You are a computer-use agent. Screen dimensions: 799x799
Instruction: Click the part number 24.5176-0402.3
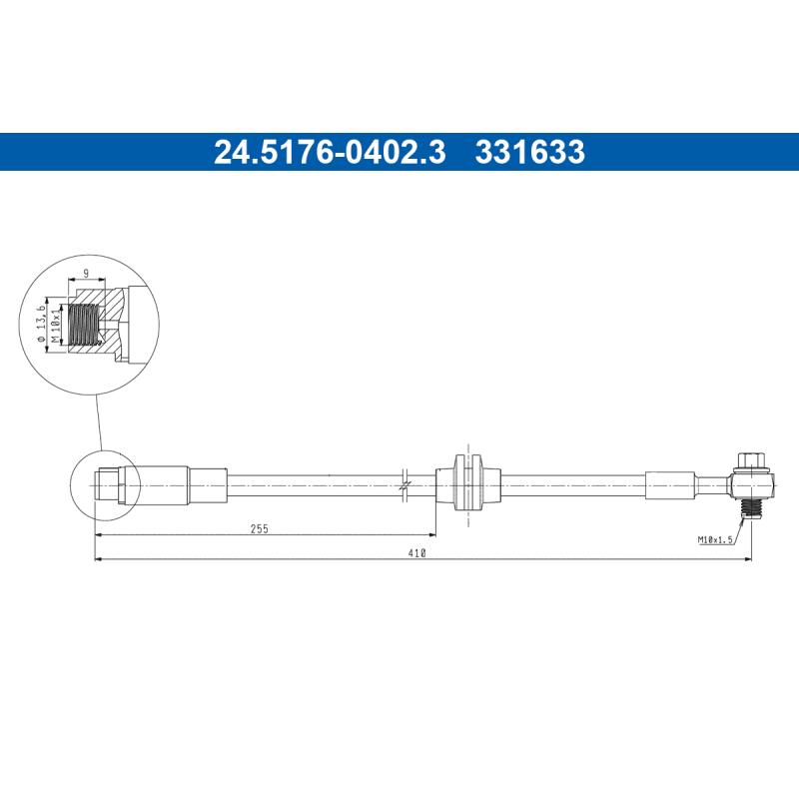(x=330, y=153)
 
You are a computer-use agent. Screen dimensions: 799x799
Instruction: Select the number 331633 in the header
(x=530, y=153)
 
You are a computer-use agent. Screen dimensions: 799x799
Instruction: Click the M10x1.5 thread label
(x=715, y=539)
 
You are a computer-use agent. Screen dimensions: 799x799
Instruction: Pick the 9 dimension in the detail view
(x=87, y=273)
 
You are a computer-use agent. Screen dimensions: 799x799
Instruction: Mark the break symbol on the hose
(x=403, y=483)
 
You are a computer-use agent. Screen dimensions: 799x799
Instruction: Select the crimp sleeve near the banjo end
(x=669, y=484)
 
